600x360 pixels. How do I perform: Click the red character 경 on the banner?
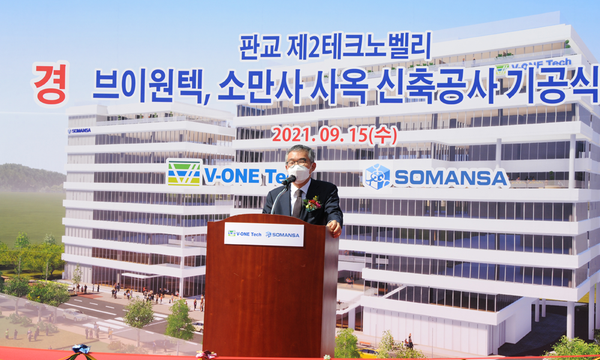(50, 83)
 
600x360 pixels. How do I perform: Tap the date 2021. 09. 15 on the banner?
(320, 135)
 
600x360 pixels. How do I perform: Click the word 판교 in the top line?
(259, 47)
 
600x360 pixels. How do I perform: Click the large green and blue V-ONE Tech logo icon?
(184, 173)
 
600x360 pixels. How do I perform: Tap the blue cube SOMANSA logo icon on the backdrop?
(377, 177)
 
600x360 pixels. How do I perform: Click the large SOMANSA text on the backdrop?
(451, 178)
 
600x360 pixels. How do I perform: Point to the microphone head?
(289, 180)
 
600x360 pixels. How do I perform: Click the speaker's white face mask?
(300, 173)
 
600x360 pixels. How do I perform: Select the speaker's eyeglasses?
(297, 163)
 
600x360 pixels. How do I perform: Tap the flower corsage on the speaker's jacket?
(313, 203)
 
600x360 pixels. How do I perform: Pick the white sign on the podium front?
(264, 234)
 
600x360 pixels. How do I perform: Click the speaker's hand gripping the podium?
(334, 228)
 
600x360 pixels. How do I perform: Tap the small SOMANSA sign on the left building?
(80, 131)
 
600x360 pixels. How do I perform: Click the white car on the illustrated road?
(74, 315)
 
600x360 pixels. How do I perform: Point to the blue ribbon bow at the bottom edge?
(81, 350)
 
